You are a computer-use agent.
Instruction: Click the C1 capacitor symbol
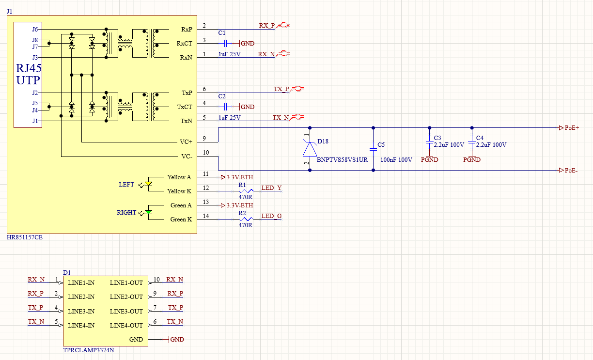point(226,43)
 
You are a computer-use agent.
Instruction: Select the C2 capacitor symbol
point(226,107)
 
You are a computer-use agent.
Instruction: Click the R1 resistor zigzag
point(246,191)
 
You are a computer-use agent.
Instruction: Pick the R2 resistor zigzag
point(246,219)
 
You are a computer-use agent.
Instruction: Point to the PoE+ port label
point(572,128)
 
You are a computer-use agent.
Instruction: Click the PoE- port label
point(571,170)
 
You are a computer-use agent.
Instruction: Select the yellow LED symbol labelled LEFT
point(148,184)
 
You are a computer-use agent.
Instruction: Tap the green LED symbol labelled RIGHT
point(148,212)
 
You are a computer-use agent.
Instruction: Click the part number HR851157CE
point(24,237)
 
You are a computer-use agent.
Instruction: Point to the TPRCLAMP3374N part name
point(89,350)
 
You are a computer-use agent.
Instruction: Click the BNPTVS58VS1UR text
point(342,159)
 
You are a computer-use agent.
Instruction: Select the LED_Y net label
point(271,188)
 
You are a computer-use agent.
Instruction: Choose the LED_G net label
point(271,216)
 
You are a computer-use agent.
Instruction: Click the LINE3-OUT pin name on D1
point(126,311)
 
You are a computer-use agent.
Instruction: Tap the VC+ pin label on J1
point(186,142)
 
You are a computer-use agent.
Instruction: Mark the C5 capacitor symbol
point(373,150)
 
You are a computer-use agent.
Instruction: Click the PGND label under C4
point(472,159)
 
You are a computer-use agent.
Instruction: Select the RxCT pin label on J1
point(184,44)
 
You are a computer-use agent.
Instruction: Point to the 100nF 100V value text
point(396,159)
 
